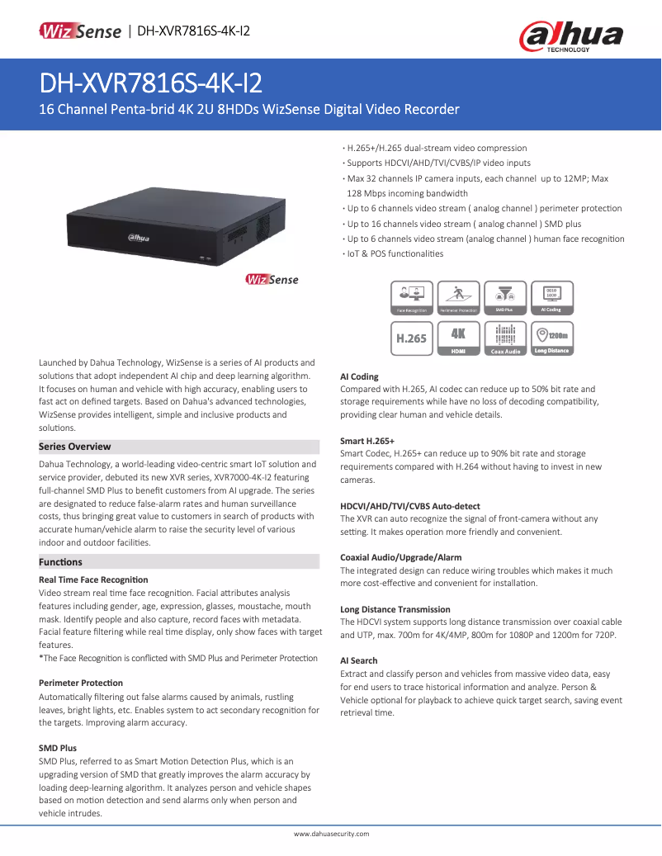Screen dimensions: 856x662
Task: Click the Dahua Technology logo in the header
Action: click(570, 37)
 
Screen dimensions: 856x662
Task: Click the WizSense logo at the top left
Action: click(80, 31)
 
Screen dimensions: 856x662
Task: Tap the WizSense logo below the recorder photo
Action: click(272, 280)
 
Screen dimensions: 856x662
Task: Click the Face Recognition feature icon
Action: click(412, 298)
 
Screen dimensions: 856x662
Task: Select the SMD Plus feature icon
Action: click(504, 298)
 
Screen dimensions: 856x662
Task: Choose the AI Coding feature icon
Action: click(551, 298)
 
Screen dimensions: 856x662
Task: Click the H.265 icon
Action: click(412, 338)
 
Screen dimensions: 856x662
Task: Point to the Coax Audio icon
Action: click(505, 338)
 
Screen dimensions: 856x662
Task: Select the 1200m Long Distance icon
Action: click(551, 338)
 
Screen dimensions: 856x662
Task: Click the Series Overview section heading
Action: click(75, 447)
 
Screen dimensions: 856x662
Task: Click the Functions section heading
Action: click(60, 562)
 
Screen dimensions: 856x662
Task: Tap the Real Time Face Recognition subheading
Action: click(93, 579)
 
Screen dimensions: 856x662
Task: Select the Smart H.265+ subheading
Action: click(367, 441)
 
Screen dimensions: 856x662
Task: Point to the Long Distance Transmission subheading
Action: click(395, 609)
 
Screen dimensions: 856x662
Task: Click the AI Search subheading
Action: click(359, 660)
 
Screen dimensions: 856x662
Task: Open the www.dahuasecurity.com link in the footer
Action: click(331, 834)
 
